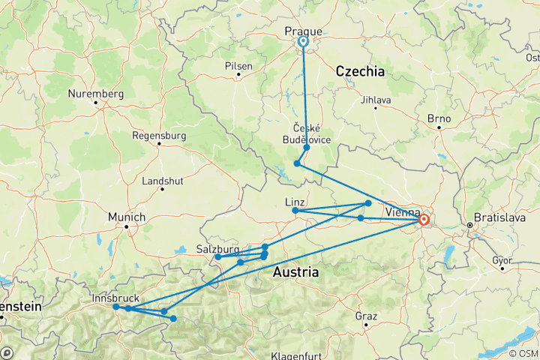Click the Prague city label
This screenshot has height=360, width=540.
304,31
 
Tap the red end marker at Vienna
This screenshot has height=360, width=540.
424,220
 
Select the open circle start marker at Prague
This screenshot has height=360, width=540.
304,42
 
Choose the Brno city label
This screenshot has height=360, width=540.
437,118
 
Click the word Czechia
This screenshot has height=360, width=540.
360,72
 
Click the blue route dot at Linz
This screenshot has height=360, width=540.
295,211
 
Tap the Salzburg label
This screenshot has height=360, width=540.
217,248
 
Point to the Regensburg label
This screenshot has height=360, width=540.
158,136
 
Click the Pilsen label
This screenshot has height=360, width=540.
238,66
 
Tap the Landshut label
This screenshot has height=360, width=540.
163,181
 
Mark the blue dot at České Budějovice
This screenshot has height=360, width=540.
307,148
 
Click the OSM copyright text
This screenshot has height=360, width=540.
522,353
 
